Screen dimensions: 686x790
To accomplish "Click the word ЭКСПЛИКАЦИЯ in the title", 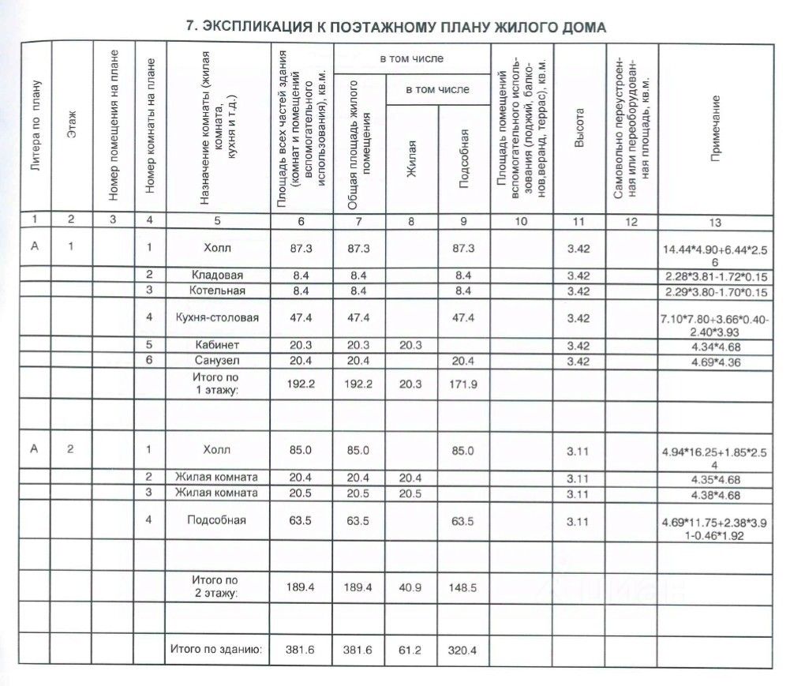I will tap(252, 27).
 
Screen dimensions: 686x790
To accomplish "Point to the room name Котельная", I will tap(218, 291).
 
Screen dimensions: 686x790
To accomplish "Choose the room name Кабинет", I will tap(218, 345).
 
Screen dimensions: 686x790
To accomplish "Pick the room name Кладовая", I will tap(218, 276).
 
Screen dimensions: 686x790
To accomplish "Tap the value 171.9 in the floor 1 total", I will tap(464, 383).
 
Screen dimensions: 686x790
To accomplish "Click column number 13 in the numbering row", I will tap(715, 222).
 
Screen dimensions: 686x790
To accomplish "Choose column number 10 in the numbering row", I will tap(520, 222).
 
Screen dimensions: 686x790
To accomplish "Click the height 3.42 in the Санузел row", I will tap(579, 361).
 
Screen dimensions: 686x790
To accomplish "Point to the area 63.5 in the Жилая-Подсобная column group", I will tap(464, 520).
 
